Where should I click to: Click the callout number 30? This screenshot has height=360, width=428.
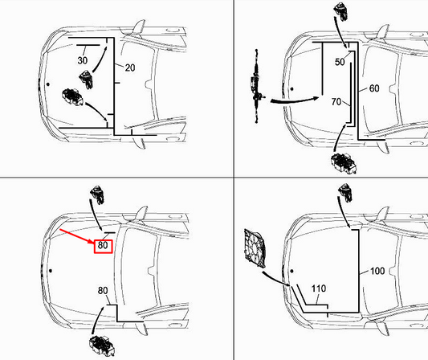click(x=83, y=60)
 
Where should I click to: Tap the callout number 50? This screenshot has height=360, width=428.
click(x=340, y=62)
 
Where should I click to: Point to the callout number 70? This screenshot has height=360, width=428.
click(x=336, y=102)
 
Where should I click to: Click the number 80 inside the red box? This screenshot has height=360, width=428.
click(x=103, y=245)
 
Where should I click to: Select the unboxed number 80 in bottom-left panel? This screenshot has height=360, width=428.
click(x=103, y=290)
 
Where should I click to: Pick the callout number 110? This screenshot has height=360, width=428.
click(x=319, y=288)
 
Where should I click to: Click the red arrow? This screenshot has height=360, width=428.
click(x=77, y=235)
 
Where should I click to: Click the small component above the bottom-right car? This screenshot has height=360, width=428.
click(x=346, y=192)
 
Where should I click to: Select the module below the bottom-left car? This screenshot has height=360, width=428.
click(x=101, y=341)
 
